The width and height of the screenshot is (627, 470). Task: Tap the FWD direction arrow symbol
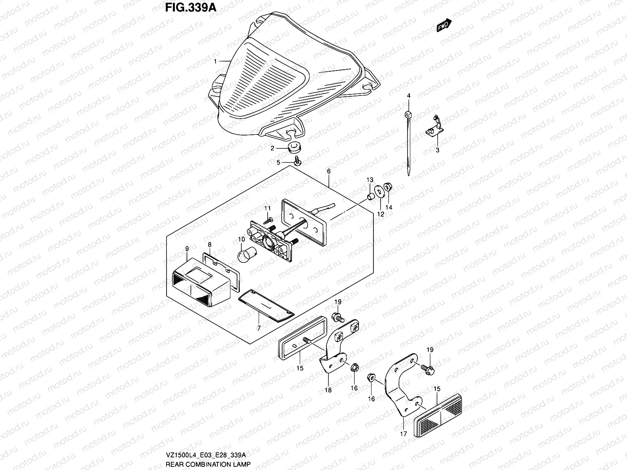[443, 26]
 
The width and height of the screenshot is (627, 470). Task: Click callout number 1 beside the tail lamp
[215, 61]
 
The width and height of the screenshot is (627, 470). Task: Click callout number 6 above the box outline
[328, 171]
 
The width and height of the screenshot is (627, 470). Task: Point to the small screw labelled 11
[270, 221]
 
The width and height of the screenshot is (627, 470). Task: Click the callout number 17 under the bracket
[404, 434]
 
